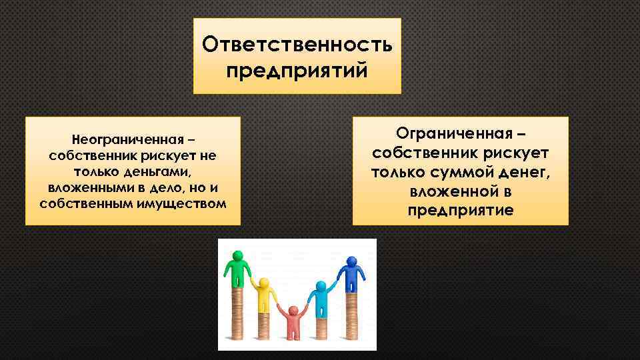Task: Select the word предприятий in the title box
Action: click(297, 70)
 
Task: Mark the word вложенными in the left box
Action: click(85, 187)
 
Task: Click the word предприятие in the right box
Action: click(461, 211)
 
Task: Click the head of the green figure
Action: click(237, 256)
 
